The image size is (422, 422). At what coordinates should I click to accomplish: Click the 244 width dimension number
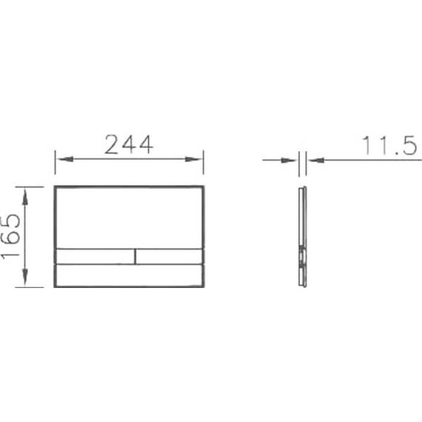coord(129,144)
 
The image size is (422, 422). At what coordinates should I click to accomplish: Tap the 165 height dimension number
coord(10,236)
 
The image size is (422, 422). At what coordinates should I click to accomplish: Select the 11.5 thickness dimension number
coord(389,146)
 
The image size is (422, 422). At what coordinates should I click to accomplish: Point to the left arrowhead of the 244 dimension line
coord(60,158)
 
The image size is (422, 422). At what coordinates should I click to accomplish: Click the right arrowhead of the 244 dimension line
coord(198,158)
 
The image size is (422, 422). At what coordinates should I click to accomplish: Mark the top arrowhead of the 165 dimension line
coord(26,191)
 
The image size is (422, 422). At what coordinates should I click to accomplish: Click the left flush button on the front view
coord(95,256)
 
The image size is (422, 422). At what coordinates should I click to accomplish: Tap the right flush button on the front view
coord(170,256)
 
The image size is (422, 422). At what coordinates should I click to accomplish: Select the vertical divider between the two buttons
coord(135,256)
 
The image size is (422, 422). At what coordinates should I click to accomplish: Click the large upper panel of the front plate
coord(130,216)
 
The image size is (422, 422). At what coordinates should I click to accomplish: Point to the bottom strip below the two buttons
coord(130,276)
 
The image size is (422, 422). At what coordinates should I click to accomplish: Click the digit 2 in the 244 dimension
coord(113,144)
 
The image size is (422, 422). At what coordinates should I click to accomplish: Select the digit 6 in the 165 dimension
coord(10,236)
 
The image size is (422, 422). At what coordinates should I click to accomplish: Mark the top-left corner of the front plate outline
coord(56,185)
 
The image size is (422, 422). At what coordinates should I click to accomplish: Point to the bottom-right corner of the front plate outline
coord(204,287)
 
